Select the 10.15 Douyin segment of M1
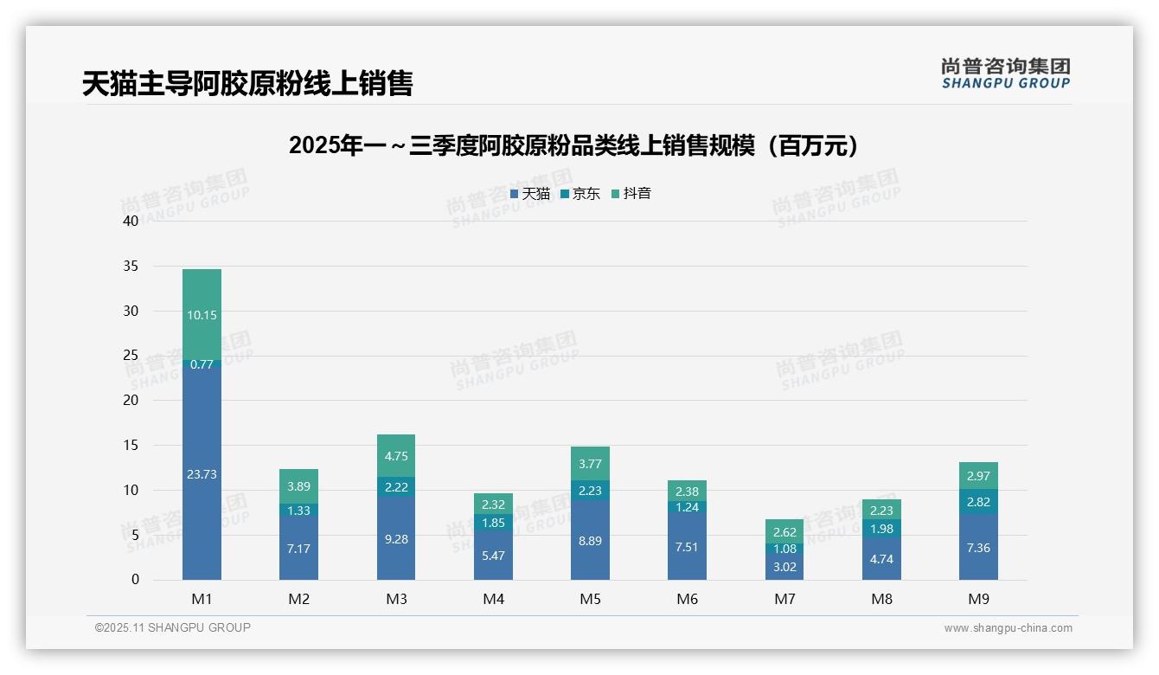[202, 315]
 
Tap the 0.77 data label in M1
[202, 364]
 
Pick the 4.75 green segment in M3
[396, 456]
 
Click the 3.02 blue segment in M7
[784, 567]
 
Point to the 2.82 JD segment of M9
[978, 502]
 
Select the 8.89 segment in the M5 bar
[590, 540]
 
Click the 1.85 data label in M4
[493, 523]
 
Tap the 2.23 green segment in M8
[881, 511]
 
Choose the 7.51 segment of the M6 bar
[687, 546]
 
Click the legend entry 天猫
[530, 194]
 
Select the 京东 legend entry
[580, 194]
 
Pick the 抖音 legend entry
[631, 194]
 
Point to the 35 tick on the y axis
[130, 267]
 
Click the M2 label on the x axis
[298, 599]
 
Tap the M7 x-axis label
[784, 599]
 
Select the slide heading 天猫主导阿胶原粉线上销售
[247, 83]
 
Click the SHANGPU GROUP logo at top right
[1005, 74]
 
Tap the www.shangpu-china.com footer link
[1008, 628]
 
